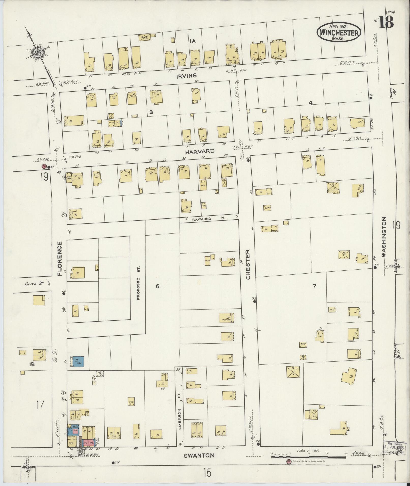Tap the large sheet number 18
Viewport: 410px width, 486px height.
pos(386,22)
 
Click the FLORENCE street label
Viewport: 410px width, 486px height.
pos(60,259)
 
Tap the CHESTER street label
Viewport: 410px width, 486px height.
pos(248,264)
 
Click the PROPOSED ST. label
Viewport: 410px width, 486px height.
pos(139,283)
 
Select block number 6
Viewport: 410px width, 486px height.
pos(157,286)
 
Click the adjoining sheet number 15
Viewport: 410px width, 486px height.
pos(207,473)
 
